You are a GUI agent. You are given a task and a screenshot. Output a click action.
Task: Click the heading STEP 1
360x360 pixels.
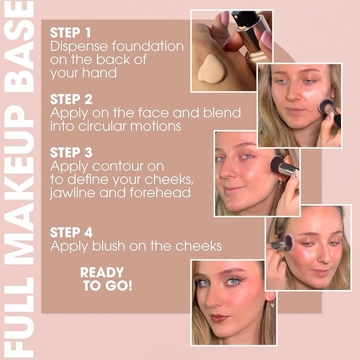pyautogui.click(x=71, y=32)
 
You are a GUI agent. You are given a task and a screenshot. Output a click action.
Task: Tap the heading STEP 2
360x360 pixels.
pyautogui.click(x=71, y=99)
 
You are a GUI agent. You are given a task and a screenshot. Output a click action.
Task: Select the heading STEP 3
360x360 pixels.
pyautogui.click(x=71, y=153)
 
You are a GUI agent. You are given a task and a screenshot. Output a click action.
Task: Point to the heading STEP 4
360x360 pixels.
pyautogui.click(x=72, y=232)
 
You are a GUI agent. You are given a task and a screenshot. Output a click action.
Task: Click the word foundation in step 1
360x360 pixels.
pyautogui.click(x=148, y=46)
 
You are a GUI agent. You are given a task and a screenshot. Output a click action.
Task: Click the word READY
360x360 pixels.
pyautogui.click(x=102, y=273)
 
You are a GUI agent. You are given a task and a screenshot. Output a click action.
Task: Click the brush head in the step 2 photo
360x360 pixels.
pyautogui.click(x=326, y=106)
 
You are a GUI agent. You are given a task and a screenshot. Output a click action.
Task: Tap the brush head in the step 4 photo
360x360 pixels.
pyautogui.click(x=288, y=242)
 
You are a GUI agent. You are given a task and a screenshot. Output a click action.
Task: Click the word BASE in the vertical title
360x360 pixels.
pyautogui.click(x=19, y=47)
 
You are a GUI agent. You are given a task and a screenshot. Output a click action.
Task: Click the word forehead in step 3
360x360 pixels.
pyautogui.click(x=160, y=192)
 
